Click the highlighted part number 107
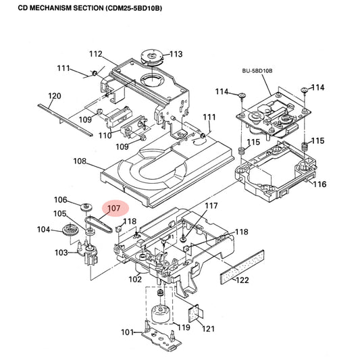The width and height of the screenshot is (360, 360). [113, 209]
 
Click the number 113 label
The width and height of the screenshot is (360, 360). [176, 54]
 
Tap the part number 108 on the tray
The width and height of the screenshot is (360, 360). [80, 161]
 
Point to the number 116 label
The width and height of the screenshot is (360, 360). [319, 184]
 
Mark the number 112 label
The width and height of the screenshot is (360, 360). [95, 54]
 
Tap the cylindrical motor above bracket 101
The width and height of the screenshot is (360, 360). [159, 315]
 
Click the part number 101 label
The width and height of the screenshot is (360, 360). [127, 332]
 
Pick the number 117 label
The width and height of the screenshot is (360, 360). [211, 205]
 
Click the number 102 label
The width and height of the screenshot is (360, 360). [135, 279]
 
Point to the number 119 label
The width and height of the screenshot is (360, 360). [182, 327]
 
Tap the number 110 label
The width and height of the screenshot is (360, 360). [104, 135]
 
